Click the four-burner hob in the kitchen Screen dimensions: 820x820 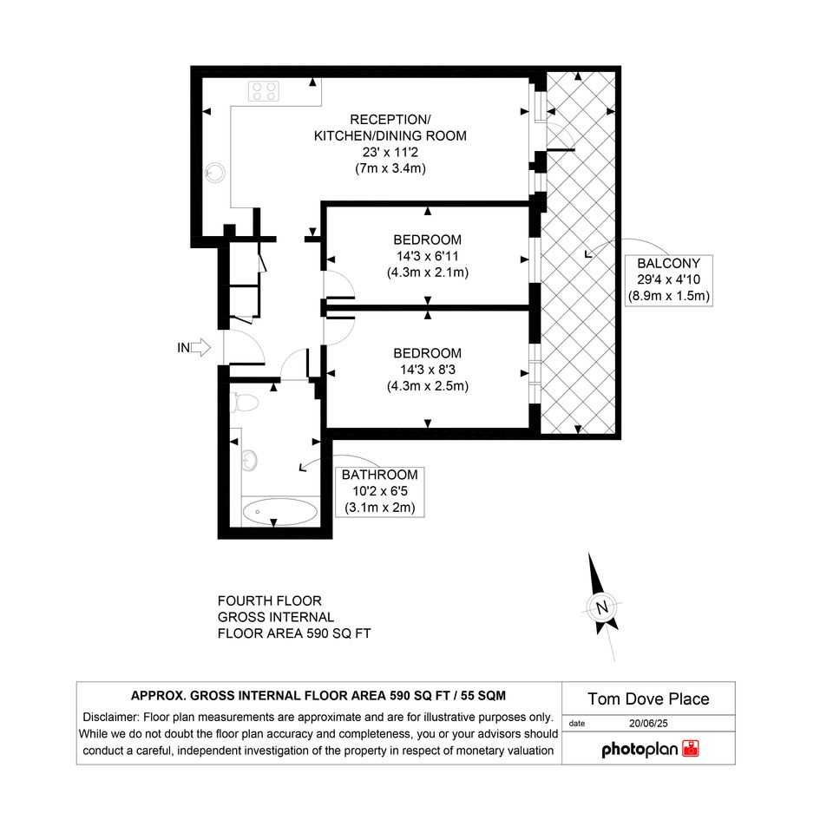click(264, 91)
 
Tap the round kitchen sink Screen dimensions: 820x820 click(215, 172)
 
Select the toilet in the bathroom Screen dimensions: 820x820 click(244, 403)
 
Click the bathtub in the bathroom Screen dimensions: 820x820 click(279, 511)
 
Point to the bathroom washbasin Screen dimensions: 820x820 click(249, 460)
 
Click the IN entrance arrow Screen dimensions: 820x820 click(200, 347)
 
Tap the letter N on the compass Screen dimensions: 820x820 click(602, 607)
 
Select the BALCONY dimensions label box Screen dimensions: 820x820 click(669, 279)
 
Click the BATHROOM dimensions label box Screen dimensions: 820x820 click(380, 492)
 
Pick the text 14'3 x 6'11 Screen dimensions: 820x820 click(427, 256)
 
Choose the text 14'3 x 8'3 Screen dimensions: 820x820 click(427, 370)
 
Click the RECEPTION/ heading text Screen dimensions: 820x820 click(390, 119)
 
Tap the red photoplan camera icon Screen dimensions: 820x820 click(691, 748)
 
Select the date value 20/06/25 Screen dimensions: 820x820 click(648, 724)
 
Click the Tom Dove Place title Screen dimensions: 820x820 click(648, 699)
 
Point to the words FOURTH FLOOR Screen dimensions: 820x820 click(269, 600)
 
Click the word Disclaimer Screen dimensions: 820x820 click(111, 717)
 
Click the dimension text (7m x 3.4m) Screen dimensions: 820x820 click(390, 168)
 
